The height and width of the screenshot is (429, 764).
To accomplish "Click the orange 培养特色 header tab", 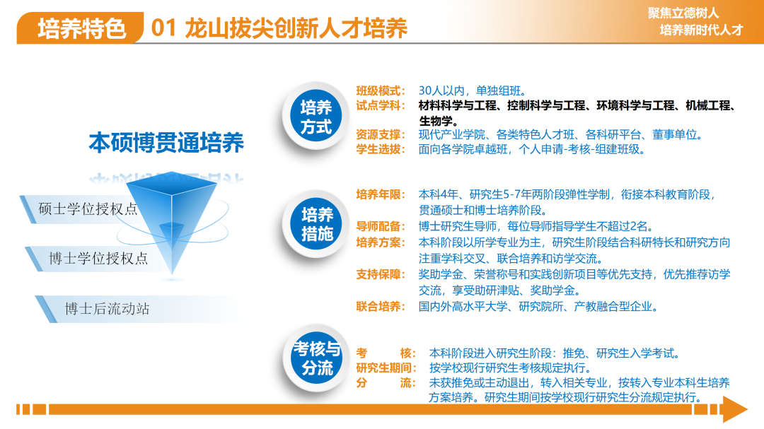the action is (81, 28).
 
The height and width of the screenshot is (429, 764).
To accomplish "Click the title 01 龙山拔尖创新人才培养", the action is (279, 28).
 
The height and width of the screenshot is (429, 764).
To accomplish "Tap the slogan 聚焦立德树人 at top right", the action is (683, 13).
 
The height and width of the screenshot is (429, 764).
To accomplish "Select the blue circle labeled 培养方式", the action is (316, 117).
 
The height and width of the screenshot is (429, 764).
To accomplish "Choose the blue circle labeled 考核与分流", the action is (317, 358).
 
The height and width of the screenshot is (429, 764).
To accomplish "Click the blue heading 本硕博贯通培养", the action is (166, 143).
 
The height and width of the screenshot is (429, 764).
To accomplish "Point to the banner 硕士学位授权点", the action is (88, 209).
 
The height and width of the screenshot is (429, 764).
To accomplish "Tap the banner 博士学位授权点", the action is (98, 258).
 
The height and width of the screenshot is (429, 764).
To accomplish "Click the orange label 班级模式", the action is (380, 90).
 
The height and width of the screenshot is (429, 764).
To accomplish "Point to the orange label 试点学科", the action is (380, 105).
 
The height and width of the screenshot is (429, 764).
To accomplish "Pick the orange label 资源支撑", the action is (380, 134).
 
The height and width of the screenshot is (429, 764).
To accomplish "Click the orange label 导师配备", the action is (380, 226).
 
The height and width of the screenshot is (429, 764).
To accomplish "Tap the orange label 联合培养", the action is (380, 306).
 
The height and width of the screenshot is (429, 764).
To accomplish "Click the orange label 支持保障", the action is (380, 274).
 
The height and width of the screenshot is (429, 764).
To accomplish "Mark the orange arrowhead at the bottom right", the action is (735, 409).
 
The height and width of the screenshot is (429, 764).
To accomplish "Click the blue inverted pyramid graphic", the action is (171, 214).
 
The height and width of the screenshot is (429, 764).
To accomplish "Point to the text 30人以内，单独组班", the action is (472, 90).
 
